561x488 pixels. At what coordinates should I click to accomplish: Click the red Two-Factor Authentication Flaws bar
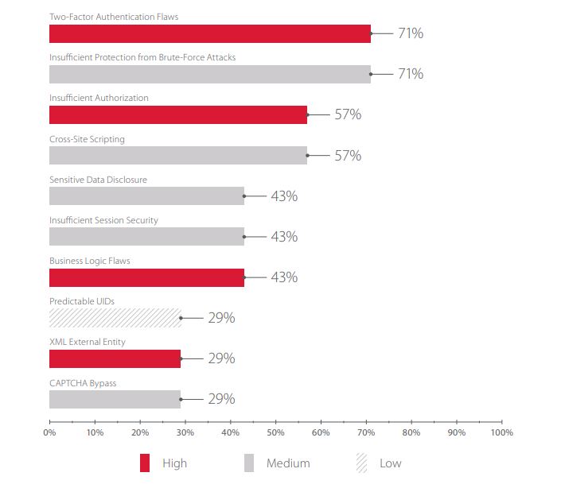(210, 33)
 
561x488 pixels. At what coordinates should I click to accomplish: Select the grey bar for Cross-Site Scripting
(178, 155)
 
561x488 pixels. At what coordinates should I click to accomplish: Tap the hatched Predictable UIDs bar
(115, 317)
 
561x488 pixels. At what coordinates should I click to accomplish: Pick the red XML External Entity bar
(115, 358)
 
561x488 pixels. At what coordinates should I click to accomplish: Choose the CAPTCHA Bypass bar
(115, 398)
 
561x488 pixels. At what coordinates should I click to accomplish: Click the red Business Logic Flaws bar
(146, 277)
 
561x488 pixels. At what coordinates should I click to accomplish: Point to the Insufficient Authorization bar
(178, 114)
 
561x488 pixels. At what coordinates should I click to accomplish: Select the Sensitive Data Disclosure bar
(146, 196)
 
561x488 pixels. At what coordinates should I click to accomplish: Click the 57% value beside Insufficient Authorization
(348, 114)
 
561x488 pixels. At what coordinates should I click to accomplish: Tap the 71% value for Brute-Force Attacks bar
(411, 74)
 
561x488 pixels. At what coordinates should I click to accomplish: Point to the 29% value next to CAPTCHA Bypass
(221, 398)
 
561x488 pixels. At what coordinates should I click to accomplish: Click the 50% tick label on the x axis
(275, 433)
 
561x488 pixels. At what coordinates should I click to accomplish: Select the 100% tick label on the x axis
(501, 433)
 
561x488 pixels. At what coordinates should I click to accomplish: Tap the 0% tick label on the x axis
(49, 433)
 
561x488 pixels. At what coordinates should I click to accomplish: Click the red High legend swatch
(144, 463)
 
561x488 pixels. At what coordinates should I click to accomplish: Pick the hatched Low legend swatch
(362, 463)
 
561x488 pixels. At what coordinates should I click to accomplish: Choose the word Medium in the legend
(288, 463)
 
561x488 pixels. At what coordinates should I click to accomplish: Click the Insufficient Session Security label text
(103, 220)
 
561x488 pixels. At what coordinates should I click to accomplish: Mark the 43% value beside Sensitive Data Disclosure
(284, 196)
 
